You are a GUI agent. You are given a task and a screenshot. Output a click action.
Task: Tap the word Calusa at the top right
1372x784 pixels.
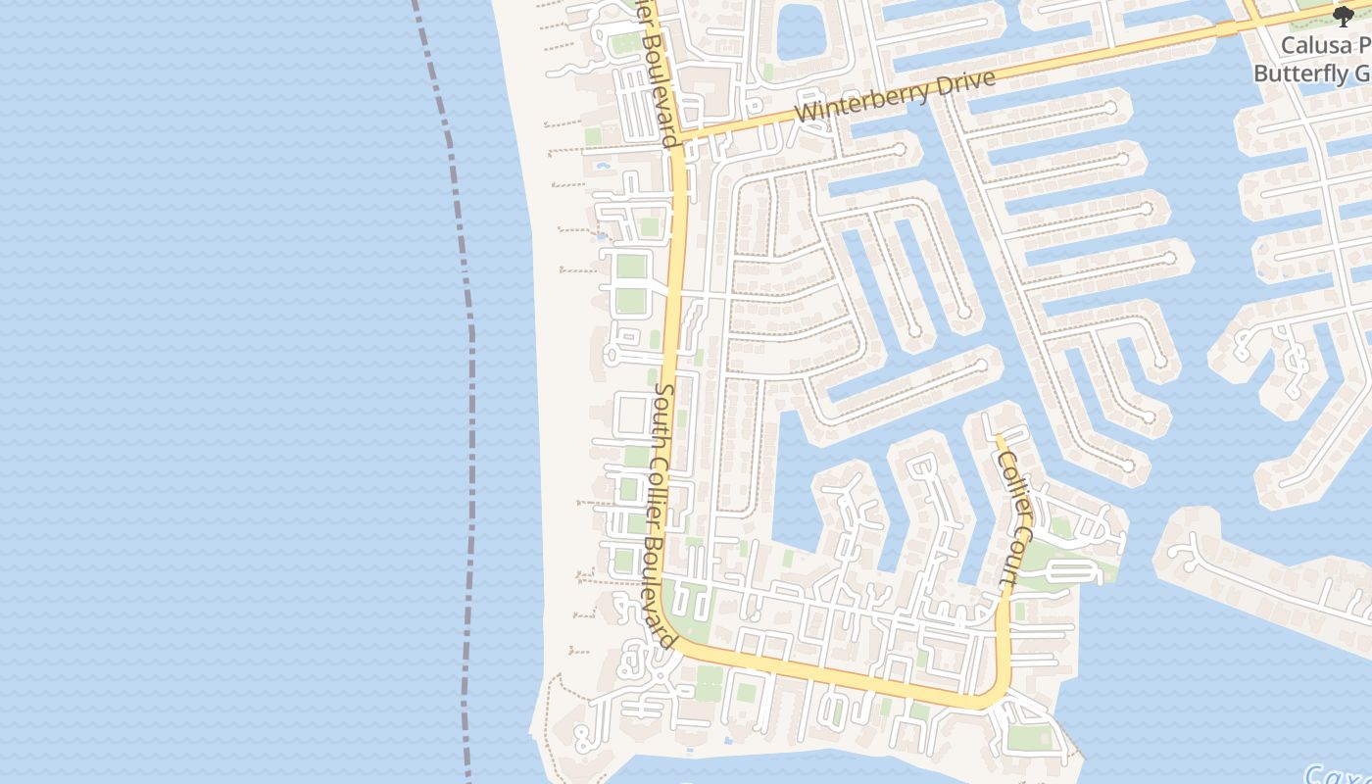pos(1312,46)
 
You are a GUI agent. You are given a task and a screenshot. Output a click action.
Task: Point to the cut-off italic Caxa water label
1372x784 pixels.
pos(1337,775)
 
